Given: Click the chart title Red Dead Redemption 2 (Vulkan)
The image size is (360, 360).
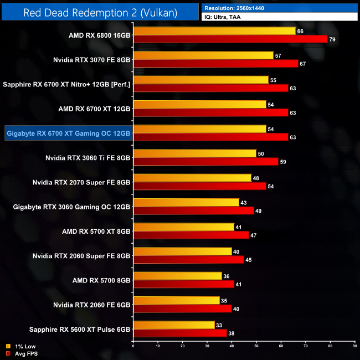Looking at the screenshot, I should pyautogui.click(x=100, y=12).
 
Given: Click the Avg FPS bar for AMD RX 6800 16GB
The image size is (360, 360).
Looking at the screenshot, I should pyautogui.click(x=230, y=39).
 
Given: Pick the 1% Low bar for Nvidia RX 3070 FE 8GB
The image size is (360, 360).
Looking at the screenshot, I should pyautogui.click(x=203, y=55).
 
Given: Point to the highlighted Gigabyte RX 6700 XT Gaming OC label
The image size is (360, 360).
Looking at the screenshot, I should pyautogui.click(x=68, y=133).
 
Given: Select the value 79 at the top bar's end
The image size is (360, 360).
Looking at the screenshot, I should pyautogui.click(x=332, y=39).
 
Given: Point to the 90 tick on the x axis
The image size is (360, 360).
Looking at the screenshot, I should pyautogui.click(x=354, y=347).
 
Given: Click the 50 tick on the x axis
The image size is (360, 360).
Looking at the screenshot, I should pyautogui.click(x=256, y=347).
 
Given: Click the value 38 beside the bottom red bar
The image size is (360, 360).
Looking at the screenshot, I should pyautogui.click(x=232, y=333).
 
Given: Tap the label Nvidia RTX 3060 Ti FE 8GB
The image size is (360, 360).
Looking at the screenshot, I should pyautogui.click(x=88, y=158).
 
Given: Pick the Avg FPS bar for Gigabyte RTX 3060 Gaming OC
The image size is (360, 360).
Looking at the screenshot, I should pyautogui.click(x=193, y=210).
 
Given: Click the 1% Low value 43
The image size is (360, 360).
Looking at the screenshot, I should pyautogui.click(x=244, y=202).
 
